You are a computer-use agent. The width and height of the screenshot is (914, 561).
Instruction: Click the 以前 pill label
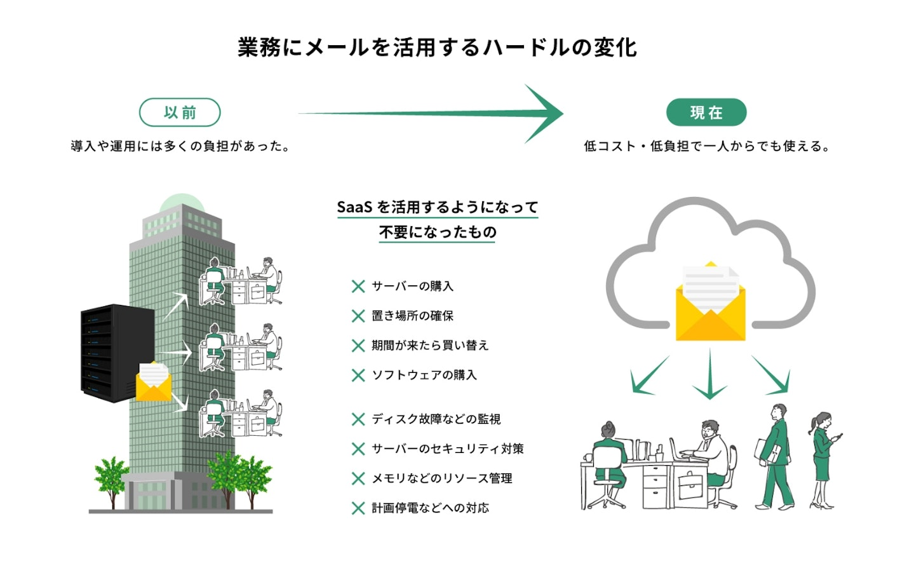[x=180, y=112]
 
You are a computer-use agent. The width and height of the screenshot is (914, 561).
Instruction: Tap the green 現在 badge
[x=706, y=112]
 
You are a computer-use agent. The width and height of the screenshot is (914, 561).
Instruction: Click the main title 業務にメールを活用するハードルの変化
[x=437, y=48]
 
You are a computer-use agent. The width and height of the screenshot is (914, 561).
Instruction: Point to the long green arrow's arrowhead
[x=546, y=114]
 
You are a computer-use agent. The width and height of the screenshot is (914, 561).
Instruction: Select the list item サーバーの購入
[x=412, y=287]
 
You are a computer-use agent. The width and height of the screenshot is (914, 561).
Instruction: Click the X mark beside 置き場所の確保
[x=358, y=316]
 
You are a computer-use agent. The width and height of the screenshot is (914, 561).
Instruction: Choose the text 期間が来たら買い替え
[x=430, y=346]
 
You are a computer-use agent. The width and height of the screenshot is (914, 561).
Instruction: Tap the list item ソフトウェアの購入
[x=424, y=375]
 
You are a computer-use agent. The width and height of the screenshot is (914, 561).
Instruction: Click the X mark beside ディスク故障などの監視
[x=358, y=419]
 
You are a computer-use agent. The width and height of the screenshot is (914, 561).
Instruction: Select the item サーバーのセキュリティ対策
[x=447, y=449]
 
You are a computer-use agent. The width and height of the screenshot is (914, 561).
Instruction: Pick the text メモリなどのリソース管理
[x=441, y=478]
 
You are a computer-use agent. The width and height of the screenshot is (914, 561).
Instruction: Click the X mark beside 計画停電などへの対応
[x=358, y=508]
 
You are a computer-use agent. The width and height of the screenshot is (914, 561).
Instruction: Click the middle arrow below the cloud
[x=709, y=375]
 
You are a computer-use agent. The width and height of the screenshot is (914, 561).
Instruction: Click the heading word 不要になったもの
[x=438, y=233]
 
